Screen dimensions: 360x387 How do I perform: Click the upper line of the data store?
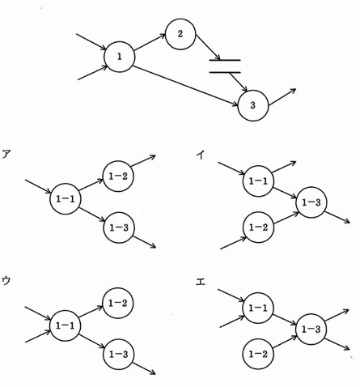(225, 60)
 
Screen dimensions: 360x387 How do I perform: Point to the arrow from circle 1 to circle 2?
(150, 42)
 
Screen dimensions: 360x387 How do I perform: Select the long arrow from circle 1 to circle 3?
(185, 86)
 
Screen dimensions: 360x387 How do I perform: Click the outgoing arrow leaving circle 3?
(282, 97)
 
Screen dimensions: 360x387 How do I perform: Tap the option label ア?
(6, 155)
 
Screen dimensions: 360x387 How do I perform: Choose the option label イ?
(201, 155)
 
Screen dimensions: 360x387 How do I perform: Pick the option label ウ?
(6, 281)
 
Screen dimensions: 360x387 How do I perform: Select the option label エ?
(201, 282)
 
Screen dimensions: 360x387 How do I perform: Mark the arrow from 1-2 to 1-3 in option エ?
(285, 342)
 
